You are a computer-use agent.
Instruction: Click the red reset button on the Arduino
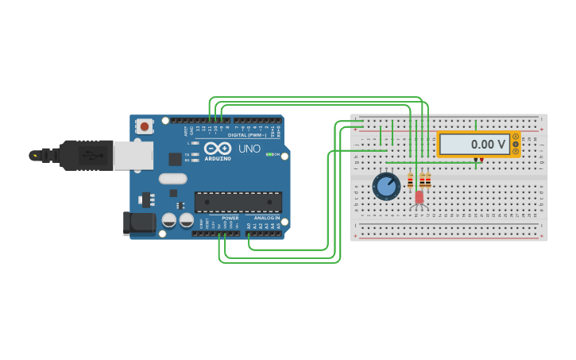[144, 126]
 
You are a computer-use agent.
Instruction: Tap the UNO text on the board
[249, 149]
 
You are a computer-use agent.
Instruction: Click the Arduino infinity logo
[218, 148]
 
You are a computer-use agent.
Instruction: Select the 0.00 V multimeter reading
[475, 145]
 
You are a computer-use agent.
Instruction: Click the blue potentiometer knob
[386, 187]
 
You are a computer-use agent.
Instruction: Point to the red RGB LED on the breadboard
[419, 196]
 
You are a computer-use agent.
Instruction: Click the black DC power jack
[140, 223]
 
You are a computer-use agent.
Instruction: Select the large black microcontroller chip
[238, 202]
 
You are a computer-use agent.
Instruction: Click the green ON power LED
[269, 154]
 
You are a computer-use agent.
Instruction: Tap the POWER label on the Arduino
[230, 218]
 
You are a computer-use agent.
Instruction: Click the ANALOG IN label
[266, 218]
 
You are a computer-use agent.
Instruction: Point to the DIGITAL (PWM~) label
[247, 135]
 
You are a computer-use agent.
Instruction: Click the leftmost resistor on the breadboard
[410, 180]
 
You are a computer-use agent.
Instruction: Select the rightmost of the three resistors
[428, 180]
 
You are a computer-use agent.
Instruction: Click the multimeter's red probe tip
[481, 161]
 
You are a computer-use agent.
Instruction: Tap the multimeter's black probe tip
[475, 161]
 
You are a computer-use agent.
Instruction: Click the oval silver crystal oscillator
[173, 179]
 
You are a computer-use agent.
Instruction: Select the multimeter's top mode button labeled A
[516, 137]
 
